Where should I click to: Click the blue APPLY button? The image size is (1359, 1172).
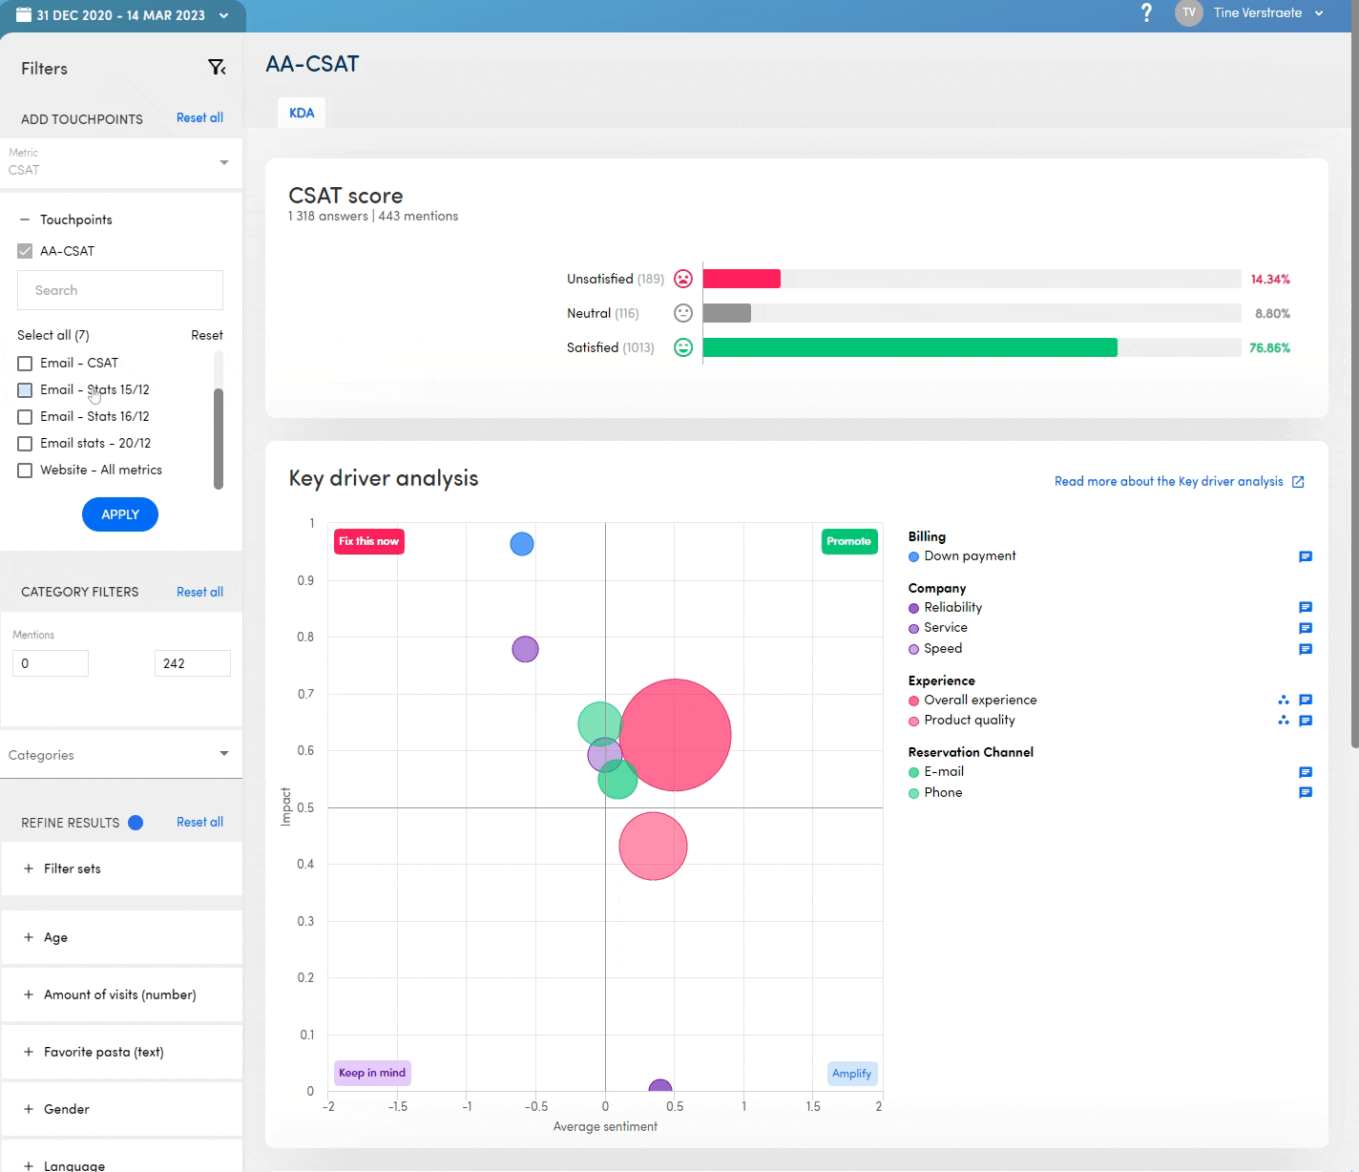pos(120,514)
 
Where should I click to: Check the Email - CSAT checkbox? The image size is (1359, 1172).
pos(25,364)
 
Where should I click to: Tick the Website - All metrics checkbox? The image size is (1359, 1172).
pos(25,471)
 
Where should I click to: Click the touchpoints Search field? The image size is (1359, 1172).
pos(120,290)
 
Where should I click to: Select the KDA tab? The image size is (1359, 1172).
pos(302,113)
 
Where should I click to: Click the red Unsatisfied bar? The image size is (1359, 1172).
pos(742,279)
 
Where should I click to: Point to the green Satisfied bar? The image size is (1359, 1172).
pos(909,347)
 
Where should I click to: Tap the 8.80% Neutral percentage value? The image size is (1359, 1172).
pos(1272,313)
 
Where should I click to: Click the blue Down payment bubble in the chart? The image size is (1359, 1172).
pos(522,544)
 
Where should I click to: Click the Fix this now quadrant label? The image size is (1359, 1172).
pos(369,541)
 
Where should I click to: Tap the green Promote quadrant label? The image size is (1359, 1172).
pos(848,541)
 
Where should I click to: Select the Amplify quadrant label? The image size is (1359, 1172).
pos(851,1074)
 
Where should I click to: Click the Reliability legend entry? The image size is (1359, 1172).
pos(952,607)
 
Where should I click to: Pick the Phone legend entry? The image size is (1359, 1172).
pos(943,792)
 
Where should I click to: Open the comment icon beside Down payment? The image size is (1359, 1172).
pos(1306,556)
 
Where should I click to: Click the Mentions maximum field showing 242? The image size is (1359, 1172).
pos(192,663)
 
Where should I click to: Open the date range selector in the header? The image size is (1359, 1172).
pos(122,15)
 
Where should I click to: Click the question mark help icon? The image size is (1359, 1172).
pos(1146,13)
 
